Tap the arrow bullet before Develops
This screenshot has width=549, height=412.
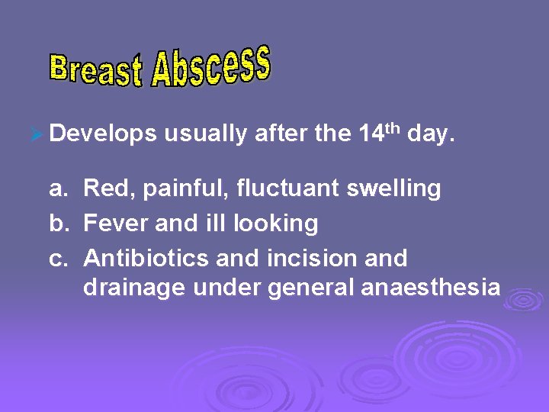34,135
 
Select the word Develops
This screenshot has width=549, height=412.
103,135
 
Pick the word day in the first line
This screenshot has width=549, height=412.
431,135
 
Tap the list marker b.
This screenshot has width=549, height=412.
59,224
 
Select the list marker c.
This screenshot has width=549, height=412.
59,259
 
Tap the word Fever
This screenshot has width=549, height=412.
109,224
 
